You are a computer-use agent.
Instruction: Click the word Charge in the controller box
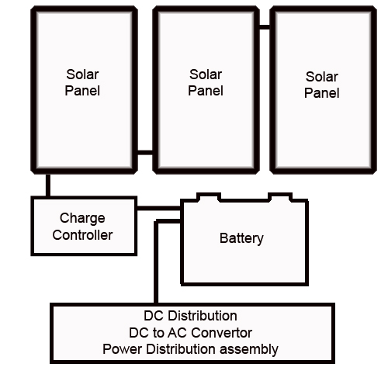[82, 219]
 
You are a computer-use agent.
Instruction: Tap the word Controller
[82, 235]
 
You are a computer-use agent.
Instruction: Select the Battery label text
[241, 238]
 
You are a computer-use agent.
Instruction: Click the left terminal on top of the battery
[209, 197]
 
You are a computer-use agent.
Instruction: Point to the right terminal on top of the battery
[280, 197]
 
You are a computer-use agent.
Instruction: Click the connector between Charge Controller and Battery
[158, 208]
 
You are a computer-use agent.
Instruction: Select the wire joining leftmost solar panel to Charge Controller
[48, 185]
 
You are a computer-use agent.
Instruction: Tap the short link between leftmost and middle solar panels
[145, 152]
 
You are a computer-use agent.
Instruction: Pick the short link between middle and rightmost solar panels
[265, 27]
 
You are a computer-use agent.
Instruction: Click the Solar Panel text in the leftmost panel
[82, 82]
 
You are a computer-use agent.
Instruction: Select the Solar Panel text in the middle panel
[206, 82]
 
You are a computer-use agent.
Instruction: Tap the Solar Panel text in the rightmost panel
[322, 85]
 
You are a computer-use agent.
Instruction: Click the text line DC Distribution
[190, 316]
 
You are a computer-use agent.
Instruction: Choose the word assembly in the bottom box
[249, 350]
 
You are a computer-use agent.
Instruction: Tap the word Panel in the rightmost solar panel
[322, 93]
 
